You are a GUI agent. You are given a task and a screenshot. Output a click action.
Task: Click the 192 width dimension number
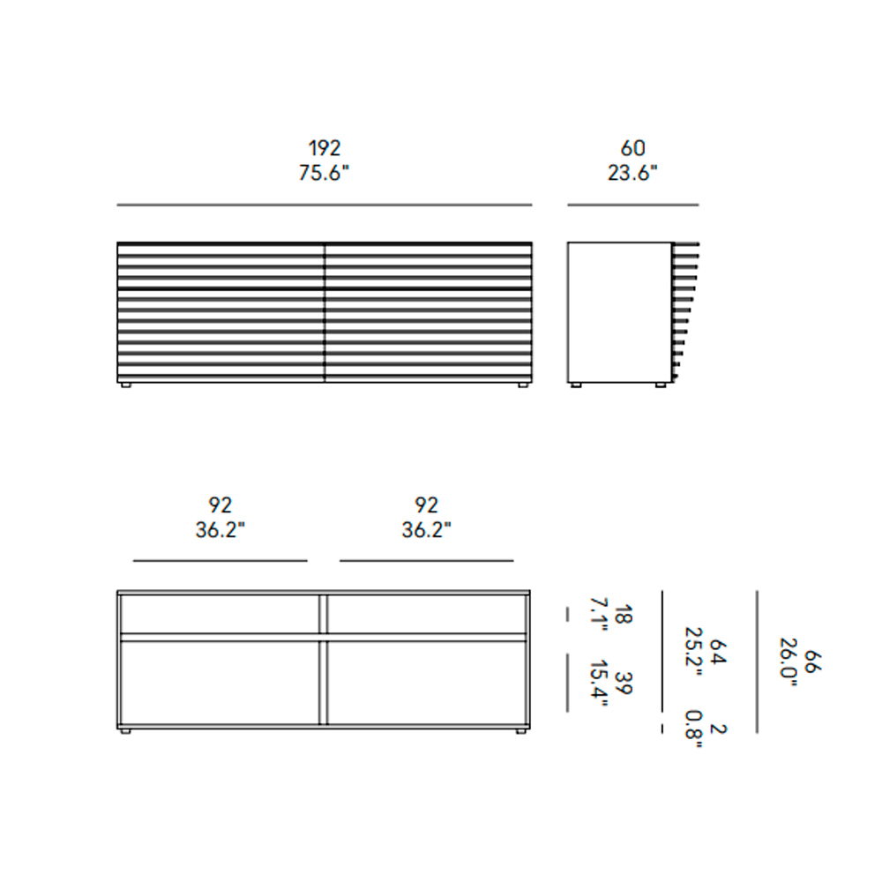324,148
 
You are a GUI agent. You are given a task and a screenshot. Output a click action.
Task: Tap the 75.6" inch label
324,173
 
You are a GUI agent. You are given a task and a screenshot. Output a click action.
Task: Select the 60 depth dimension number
632,148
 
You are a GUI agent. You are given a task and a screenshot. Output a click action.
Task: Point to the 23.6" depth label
632,173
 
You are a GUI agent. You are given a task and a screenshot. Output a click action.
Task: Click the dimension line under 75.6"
324,205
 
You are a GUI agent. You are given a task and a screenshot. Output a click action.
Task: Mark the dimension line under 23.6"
632,205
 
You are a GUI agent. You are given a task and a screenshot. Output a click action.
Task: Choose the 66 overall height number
813,661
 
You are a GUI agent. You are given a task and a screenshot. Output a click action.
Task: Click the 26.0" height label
789,662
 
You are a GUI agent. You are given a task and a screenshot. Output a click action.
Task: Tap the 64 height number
718,652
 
